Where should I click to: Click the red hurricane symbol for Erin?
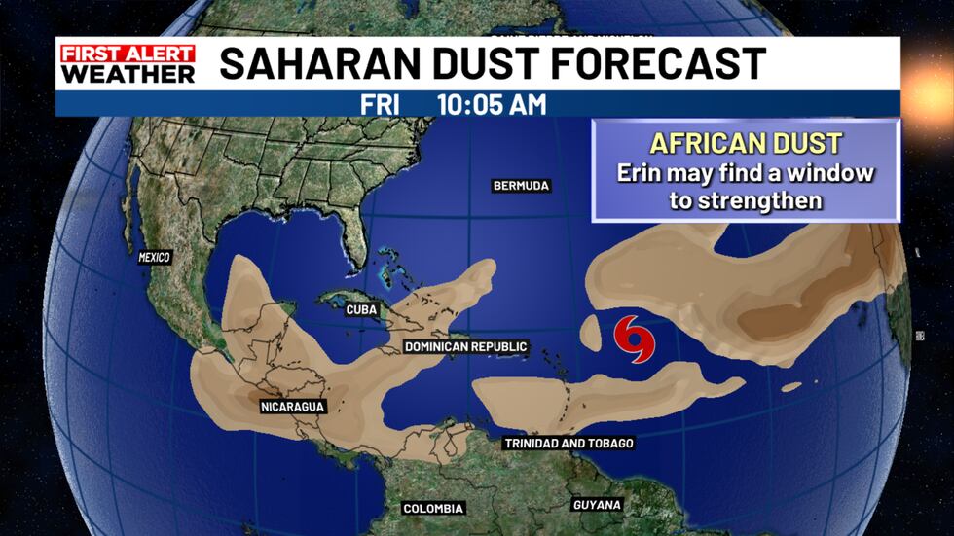pos(636,338)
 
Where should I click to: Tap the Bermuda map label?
pos(521,185)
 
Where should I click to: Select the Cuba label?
pos(361,310)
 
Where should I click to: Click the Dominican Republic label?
pos(465,346)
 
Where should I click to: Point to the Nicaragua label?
pos(291,406)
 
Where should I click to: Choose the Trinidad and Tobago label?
pos(569,444)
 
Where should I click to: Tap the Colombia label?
pos(433,508)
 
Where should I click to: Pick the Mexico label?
pos(154,258)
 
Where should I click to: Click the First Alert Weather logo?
pos(128,62)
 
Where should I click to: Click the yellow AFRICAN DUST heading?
pos(745,143)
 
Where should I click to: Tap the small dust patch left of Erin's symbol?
pos(590,333)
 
